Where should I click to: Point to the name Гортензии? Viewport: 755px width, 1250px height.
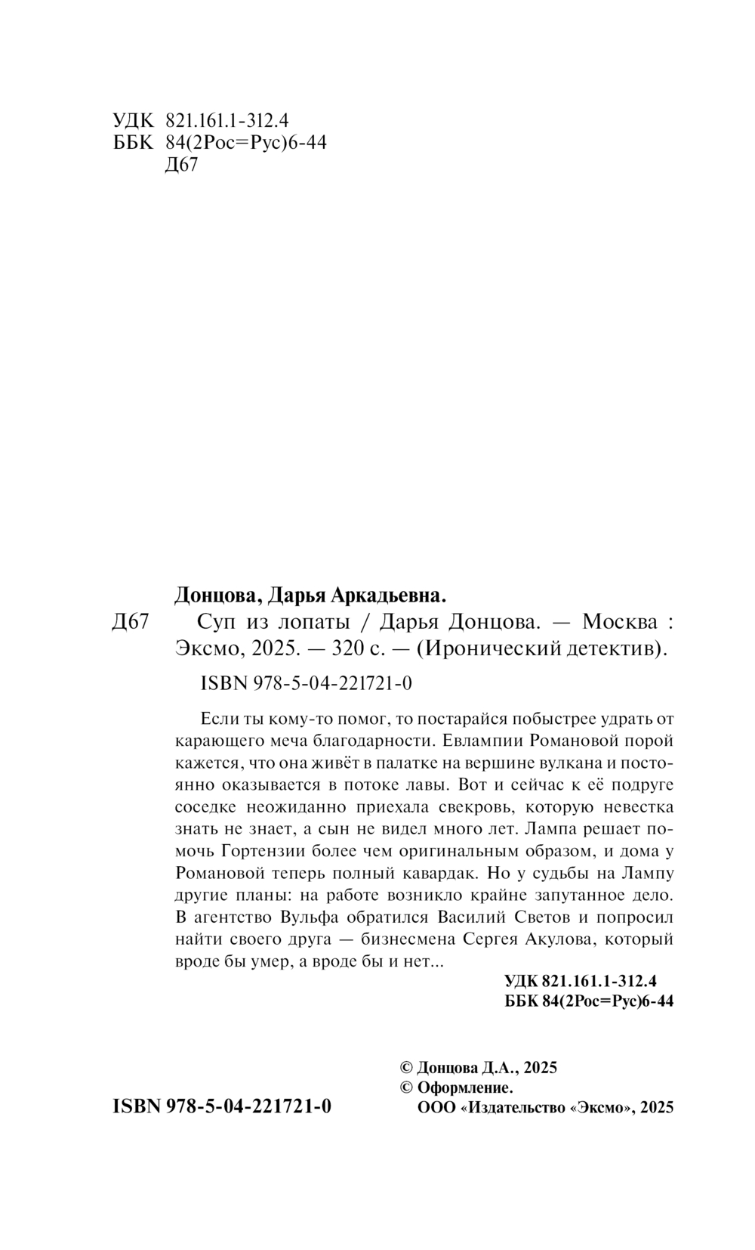(x=267, y=851)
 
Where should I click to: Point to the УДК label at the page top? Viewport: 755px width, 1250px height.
(x=132, y=121)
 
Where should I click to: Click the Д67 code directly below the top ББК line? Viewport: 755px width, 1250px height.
(x=180, y=165)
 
